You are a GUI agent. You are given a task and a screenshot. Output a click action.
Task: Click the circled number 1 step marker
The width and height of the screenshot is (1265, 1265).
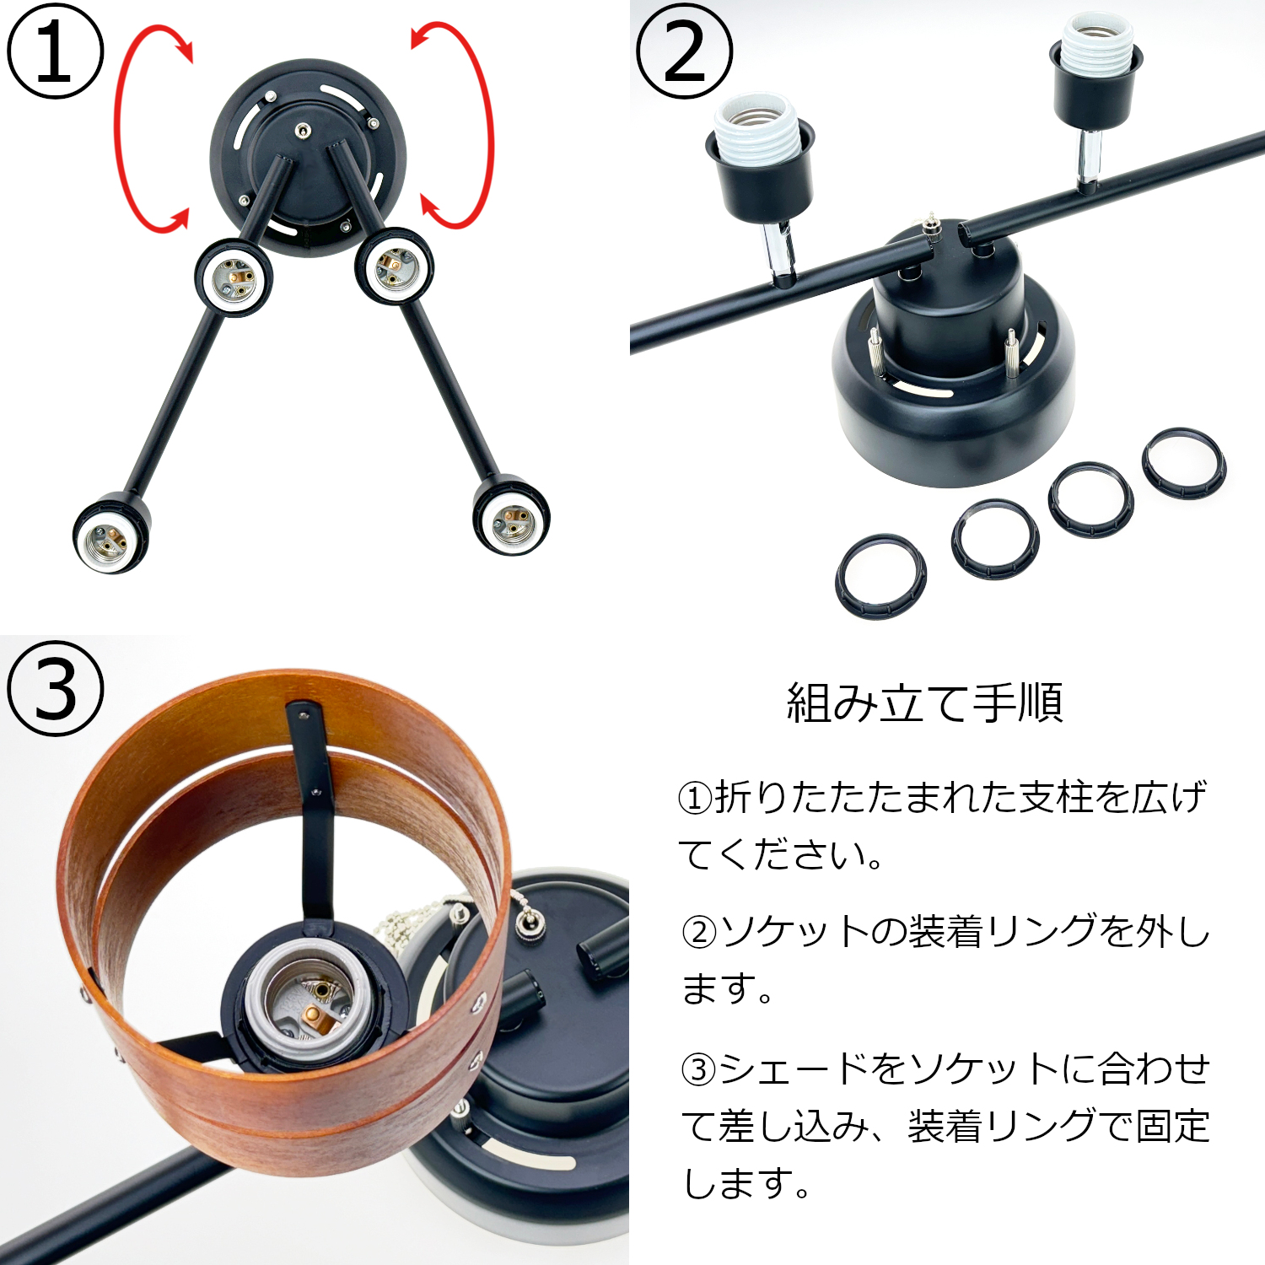pos(55,51)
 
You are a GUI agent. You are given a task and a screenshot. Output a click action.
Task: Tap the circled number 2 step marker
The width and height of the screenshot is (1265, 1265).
pos(684,51)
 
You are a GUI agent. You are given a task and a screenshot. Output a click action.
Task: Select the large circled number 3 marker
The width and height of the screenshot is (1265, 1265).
pos(55,688)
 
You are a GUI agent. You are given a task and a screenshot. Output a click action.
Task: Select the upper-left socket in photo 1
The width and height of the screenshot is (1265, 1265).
pos(234,277)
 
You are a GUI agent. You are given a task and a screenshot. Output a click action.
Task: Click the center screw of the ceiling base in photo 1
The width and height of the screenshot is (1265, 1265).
pos(303,131)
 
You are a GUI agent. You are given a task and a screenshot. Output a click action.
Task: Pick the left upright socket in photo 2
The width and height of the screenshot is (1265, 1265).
pos(761,160)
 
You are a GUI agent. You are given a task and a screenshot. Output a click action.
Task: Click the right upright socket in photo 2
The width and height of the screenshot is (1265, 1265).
pos(1095,72)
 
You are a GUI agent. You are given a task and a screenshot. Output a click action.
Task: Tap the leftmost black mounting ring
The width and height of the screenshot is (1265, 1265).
pos(880,576)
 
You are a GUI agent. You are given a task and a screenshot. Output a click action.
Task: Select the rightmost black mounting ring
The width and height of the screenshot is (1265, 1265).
pos(1184,464)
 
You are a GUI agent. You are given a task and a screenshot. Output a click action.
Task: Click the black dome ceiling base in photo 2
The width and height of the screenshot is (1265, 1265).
pos(953,396)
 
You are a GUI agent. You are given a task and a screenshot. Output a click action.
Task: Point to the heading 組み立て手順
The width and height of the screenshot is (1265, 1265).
pos(924,702)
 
